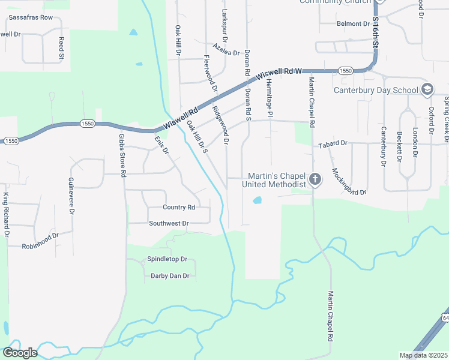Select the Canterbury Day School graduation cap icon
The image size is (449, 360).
(427, 90)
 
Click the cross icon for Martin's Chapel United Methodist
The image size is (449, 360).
(315, 179)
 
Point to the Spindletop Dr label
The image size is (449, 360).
(167, 259)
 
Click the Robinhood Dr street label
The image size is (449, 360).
(40, 246)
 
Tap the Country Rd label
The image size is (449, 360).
(179, 207)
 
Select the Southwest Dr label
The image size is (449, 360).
(169, 223)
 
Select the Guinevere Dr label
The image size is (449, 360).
(71, 196)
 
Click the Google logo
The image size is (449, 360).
(20, 353)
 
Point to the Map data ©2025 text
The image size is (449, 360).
(423, 355)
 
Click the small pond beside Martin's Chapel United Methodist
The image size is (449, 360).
(257, 200)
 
